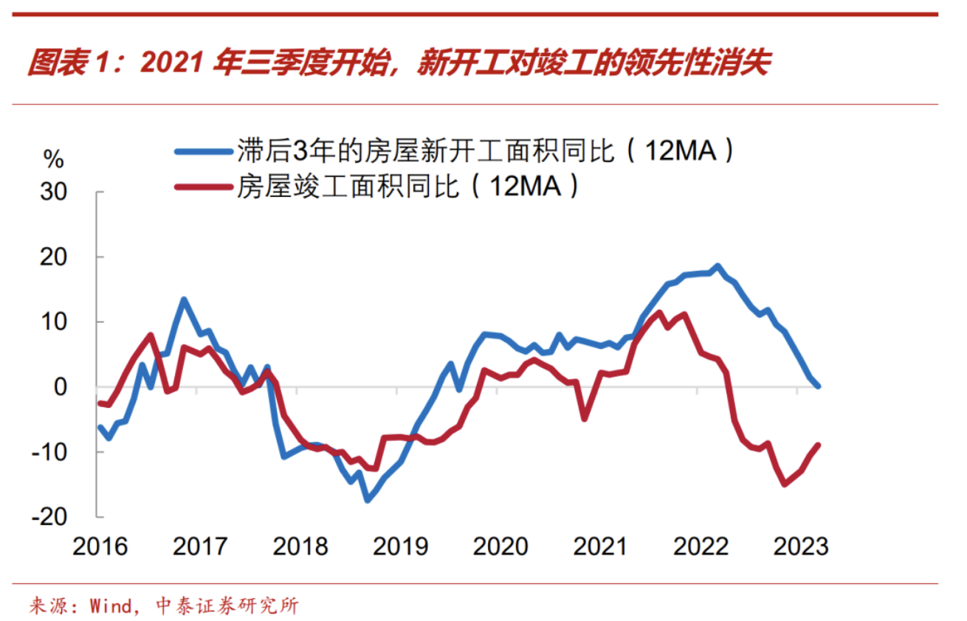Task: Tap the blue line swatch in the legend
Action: click(x=203, y=151)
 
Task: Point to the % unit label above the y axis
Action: click(x=54, y=159)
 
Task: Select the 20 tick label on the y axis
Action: click(x=52, y=257)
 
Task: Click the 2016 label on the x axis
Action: click(x=100, y=547)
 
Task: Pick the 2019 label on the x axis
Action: click(x=400, y=547)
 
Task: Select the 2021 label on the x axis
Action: click(x=600, y=547)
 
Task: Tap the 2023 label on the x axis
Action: click(x=800, y=547)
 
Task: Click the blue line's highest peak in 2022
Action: click(x=717, y=266)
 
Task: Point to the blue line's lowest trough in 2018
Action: click(x=367, y=499)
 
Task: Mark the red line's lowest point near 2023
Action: click(x=785, y=484)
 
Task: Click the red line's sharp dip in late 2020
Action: click(x=585, y=418)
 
